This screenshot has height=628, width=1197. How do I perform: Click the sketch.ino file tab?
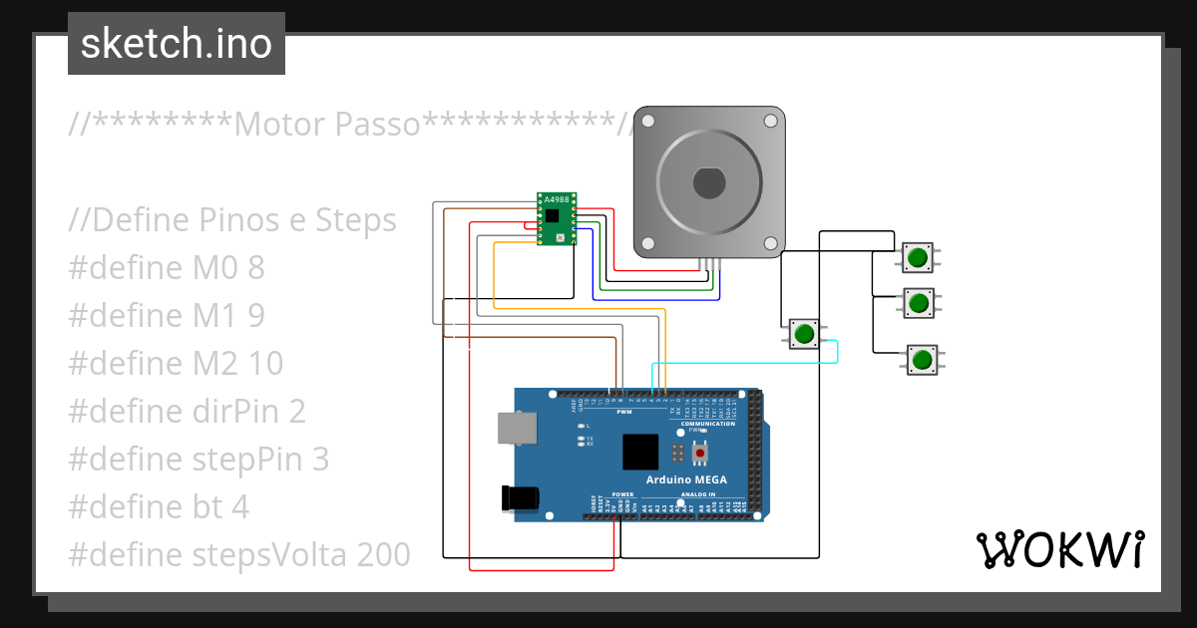tap(176, 44)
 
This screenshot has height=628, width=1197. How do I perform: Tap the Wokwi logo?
tap(1059, 549)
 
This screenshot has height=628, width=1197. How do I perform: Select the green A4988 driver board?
tap(555, 218)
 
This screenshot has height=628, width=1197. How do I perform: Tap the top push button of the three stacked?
tap(918, 257)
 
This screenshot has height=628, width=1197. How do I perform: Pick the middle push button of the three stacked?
tap(919, 301)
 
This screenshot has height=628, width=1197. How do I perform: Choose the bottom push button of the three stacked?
tap(923, 359)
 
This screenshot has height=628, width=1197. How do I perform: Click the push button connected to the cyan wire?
tap(804, 333)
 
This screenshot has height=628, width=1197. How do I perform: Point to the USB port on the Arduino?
tap(516, 429)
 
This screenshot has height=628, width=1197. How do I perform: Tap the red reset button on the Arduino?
tap(700, 454)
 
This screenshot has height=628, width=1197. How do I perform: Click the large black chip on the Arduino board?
tap(640, 452)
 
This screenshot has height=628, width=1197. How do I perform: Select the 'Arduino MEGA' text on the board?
tap(685, 479)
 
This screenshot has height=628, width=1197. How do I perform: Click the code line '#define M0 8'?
tap(167, 267)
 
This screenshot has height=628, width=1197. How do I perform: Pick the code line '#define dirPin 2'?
tap(187, 411)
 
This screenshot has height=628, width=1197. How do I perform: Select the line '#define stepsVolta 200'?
tap(239, 554)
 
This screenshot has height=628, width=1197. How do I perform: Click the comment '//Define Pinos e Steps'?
tap(232, 219)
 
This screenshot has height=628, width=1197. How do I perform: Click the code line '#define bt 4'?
tap(159, 506)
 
